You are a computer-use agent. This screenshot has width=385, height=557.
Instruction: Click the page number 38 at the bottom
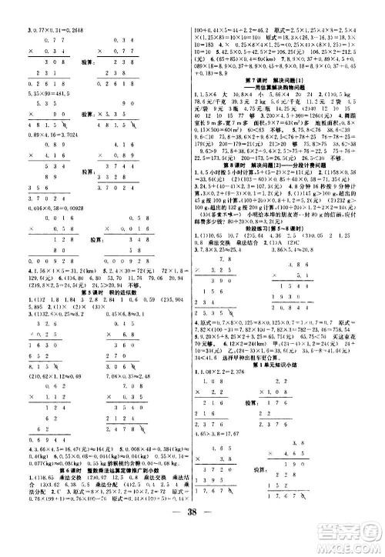(192, 537)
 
